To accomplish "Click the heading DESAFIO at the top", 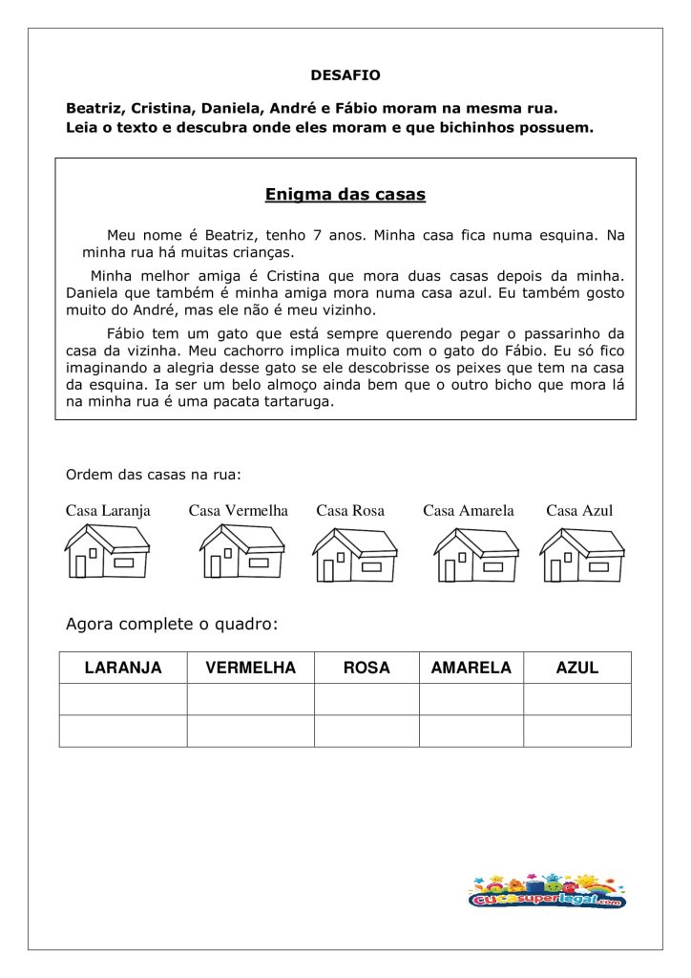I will click(x=345, y=74).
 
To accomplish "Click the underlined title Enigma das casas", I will click(x=345, y=195).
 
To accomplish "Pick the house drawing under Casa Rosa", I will click(x=355, y=555).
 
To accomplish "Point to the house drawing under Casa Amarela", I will click(x=476, y=555).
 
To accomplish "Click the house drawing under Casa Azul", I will click(x=581, y=555).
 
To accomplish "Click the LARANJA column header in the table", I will click(x=123, y=668).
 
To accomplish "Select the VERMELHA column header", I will click(x=250, y=668).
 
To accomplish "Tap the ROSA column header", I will click(x=366, y=668).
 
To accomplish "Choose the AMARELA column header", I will click(x=471, y=668).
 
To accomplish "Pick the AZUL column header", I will click(x=577, y=668).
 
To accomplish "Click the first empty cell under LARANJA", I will click(x=123, y=699).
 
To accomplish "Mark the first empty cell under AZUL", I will click(x=577, y=699).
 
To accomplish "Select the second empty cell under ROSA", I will click(x=366, y=731).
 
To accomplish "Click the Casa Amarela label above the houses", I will click(x=469, y=511).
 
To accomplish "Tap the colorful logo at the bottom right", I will click(x=547, y=890).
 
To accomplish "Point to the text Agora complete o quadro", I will click(x=172, y=625).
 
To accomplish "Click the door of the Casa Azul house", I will click(x=555, y=570).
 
